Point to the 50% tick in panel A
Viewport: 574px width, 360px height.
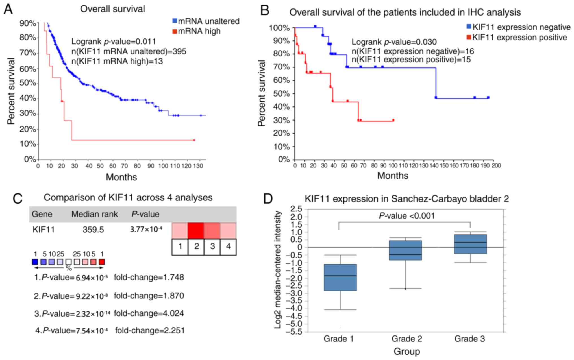point(28,83)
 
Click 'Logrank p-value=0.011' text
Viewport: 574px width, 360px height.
point(114,42)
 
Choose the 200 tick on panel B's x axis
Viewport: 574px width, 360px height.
point(496,165)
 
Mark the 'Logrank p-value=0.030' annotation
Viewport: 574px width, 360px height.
point(394,42)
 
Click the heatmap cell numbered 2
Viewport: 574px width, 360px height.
point(196,231)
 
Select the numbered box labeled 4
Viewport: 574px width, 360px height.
point(228,247)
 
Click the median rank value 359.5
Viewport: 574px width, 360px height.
point(93,230)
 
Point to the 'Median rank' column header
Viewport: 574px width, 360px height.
point(94,214)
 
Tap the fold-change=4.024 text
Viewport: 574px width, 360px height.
point(149,313)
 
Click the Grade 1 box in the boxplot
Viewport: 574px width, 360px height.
point(340,277)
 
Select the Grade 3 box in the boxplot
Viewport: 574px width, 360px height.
point(470,244)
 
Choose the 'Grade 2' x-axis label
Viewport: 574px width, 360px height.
point(407,339)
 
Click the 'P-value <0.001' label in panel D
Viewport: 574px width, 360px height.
point(407,216)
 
